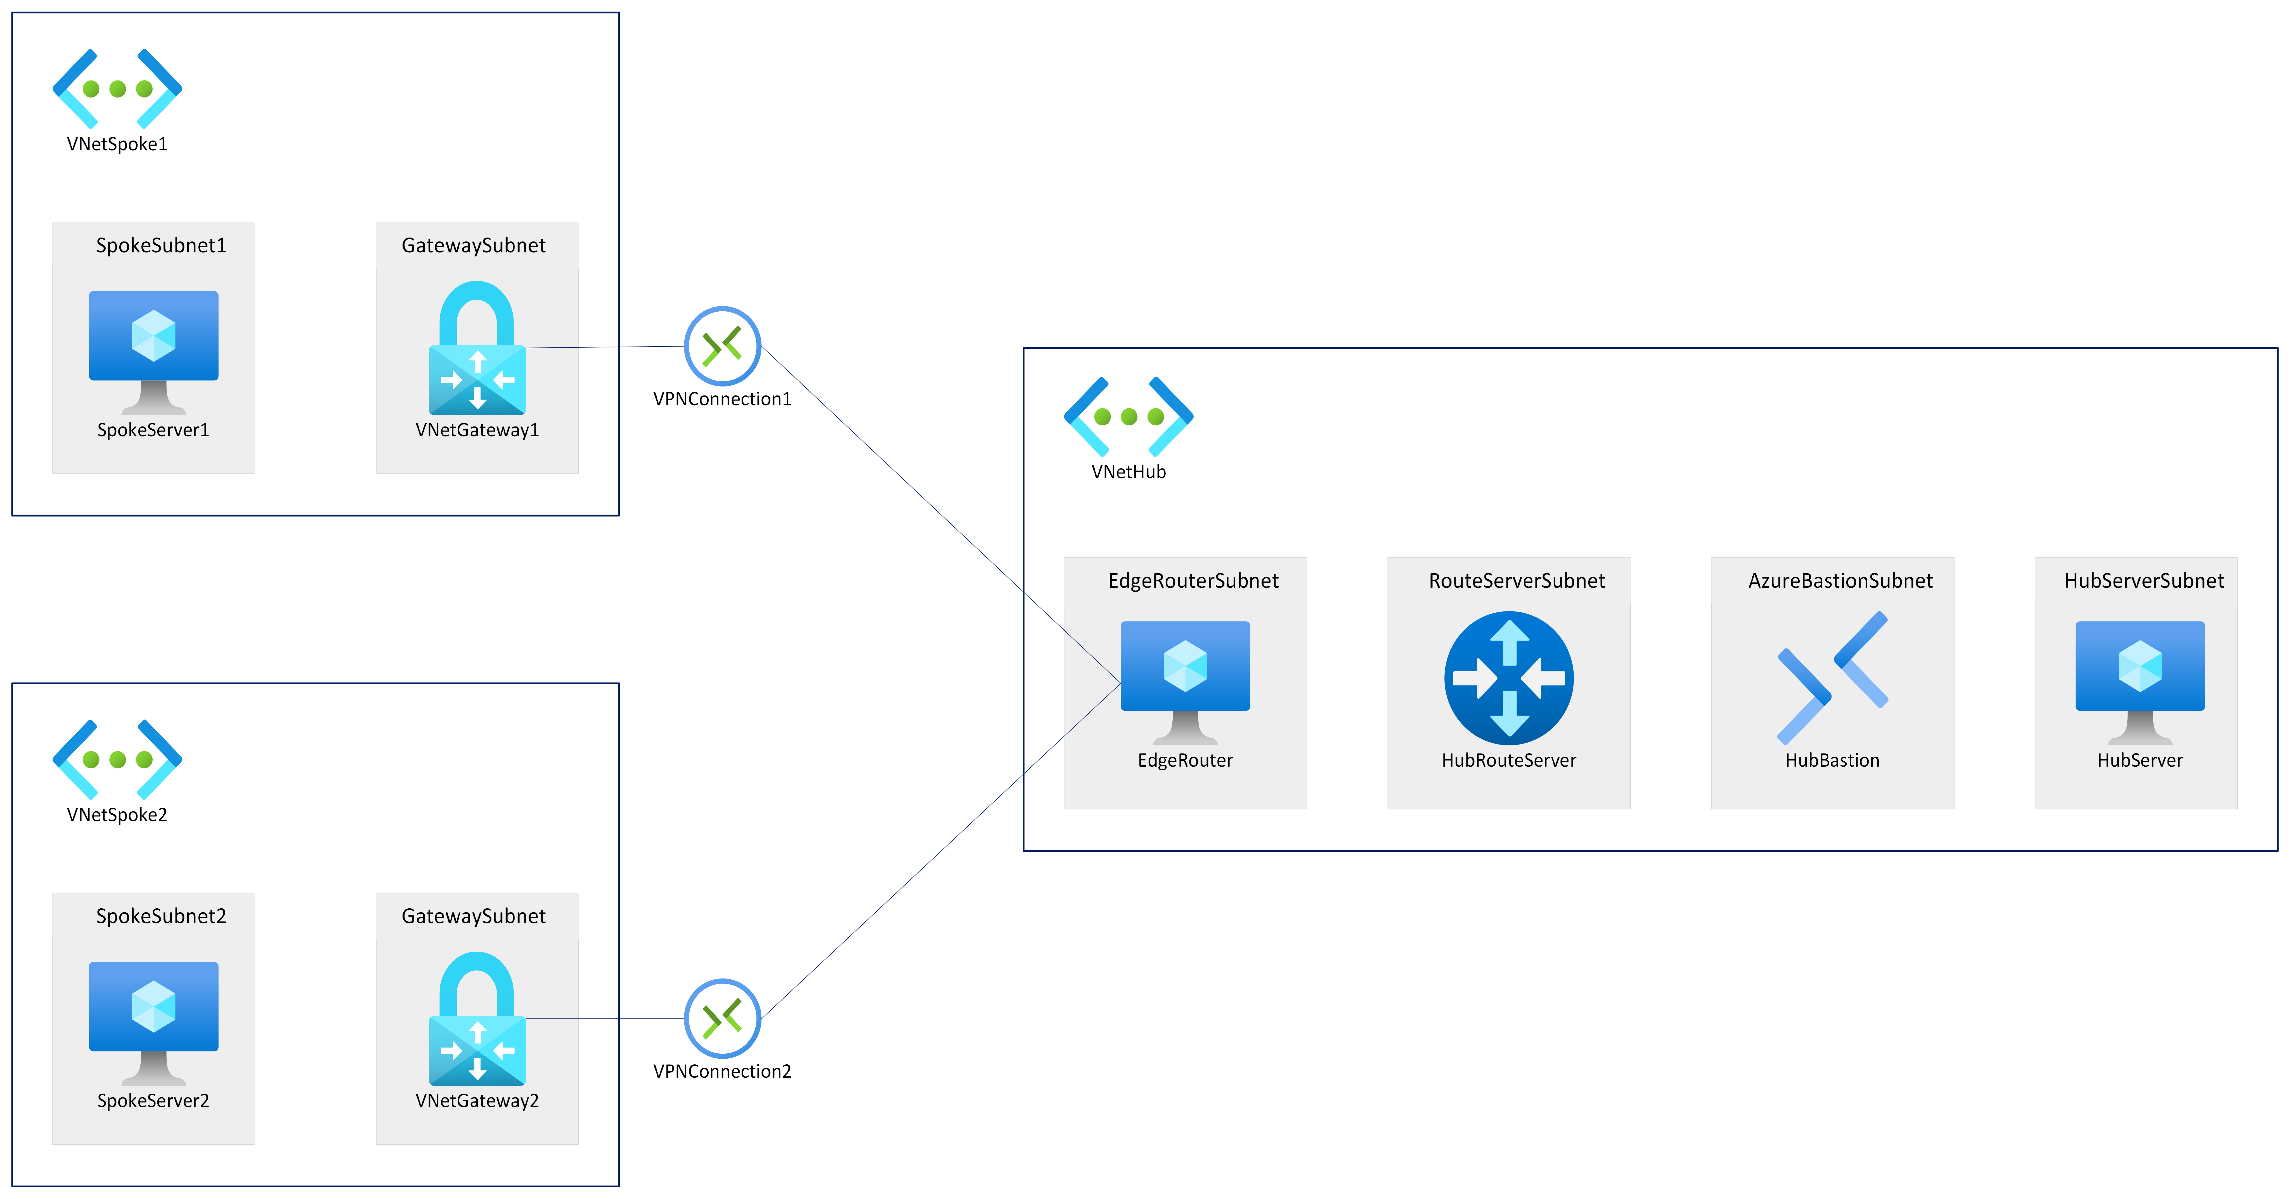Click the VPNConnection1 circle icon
click(x=722, y=346)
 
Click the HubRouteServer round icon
click(x=1509, y=677)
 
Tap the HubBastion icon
click(x=1832, y=677)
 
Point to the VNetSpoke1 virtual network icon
click(x=117, y=88)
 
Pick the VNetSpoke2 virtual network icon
click(x=117, y=759)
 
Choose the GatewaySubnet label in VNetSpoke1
click(x=473, y=245)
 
